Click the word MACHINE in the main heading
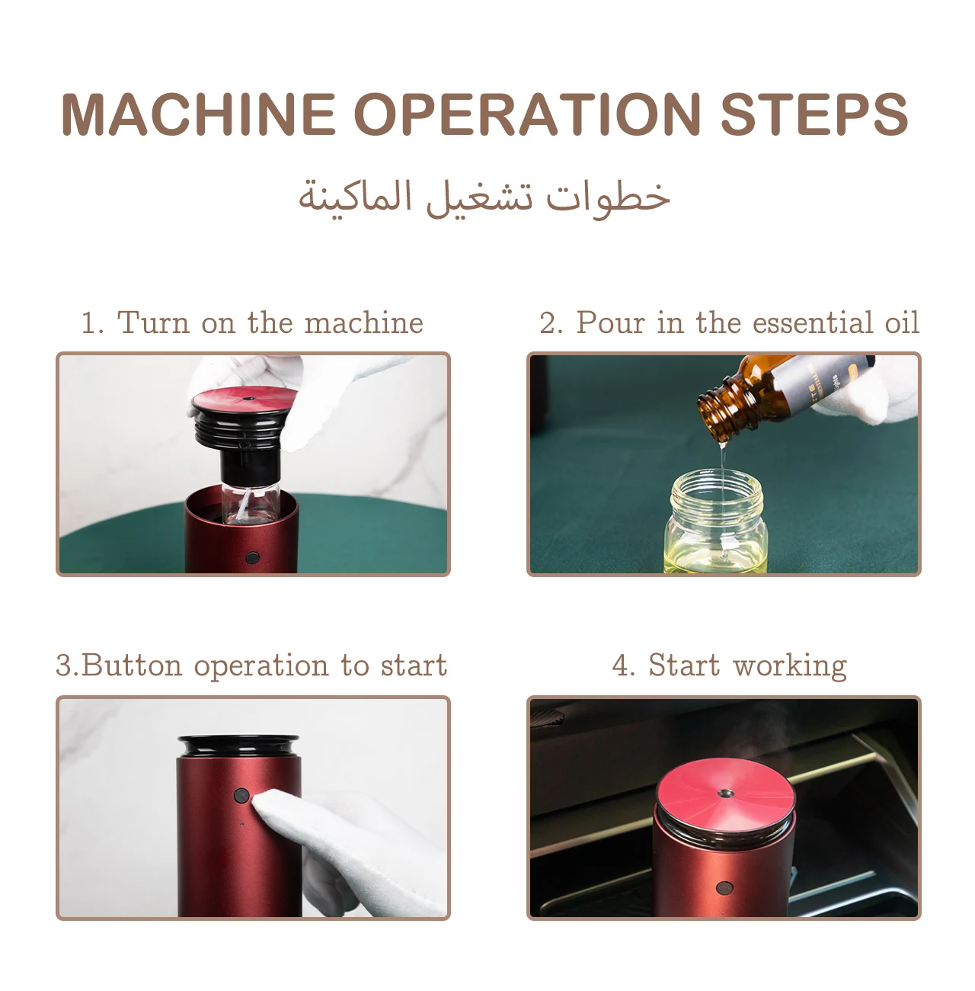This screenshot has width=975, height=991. [x=198, y=114]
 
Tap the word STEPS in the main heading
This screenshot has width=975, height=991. [x=814, y=114]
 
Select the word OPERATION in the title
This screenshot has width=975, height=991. [x=527, y=114]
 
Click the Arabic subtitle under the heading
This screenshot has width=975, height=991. [x=484, y=198]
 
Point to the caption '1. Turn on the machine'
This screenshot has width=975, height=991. [x=252, y=322]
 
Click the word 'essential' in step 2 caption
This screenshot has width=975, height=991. [x=812, y=322]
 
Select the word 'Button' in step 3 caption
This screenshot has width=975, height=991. [x=132, y=665]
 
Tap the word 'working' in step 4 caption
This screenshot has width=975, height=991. [x=790, y=666]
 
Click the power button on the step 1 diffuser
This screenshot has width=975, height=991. [x=252, y=557]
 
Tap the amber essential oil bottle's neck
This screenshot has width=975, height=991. [x=720, y=409]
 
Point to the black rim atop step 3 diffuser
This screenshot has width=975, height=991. [x=238, y=746]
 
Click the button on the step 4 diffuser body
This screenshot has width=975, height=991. [x=724, y=887]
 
